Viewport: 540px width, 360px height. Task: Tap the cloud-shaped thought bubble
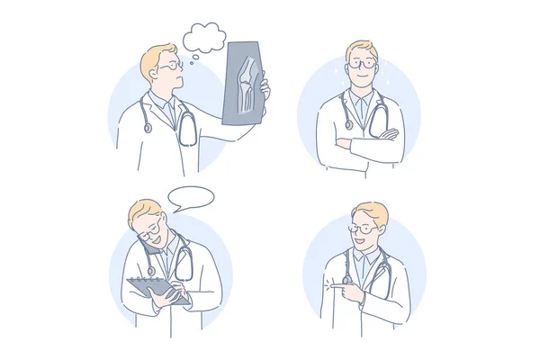point(204,37)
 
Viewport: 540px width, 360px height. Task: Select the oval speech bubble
point(191,197)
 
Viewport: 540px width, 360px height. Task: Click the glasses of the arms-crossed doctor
point(362,64)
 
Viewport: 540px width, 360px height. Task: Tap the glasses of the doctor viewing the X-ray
point(169,65)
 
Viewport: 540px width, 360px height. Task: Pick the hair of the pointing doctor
point(372,212)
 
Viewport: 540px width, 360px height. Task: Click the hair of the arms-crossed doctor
point(361,47)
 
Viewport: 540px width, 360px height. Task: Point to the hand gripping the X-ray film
point(265,89)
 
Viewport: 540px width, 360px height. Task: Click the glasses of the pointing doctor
point(362,229)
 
